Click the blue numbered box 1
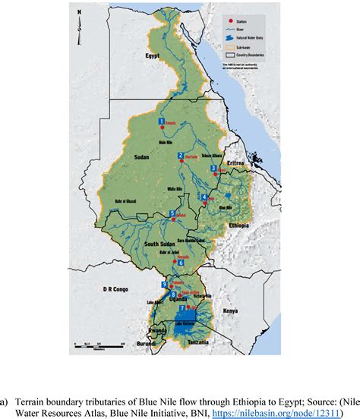pos(160,121)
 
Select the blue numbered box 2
pos(180,156)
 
